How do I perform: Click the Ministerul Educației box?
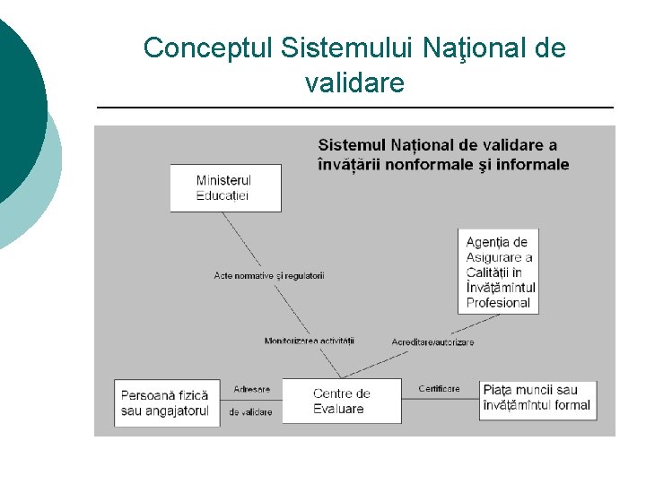[x=225, y=188]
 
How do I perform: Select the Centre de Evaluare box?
[x=341, y=401]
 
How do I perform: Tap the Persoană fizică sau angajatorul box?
[x=167, y=403]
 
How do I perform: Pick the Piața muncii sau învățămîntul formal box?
[x=537, y=398]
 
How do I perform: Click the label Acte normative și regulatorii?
[x=269, y=275]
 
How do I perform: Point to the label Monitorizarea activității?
[x=310, y=341]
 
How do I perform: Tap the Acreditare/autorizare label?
[x=432, y=342]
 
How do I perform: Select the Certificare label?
[x=439, y=389]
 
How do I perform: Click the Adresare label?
[x=251, y=390]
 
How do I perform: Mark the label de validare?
[x=250, y=412]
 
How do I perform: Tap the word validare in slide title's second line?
[x=354, y=83]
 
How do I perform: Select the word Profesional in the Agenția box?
[x=499, y=303]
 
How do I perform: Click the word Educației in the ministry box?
[x=223, y=195]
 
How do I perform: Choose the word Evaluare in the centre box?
[x=338, y=409]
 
